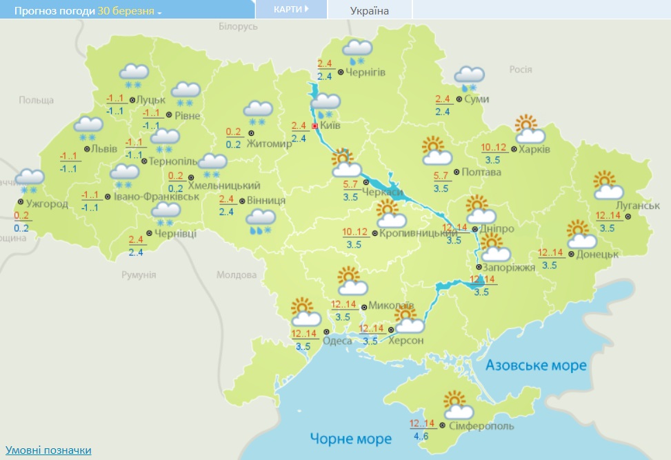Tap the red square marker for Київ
pyautogui.click(x=315, y=126)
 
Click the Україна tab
pyautogui.click(x=370, y=10)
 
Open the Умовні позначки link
pyautogui.click(x=48, y=450)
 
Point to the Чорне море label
pyautogui.click(x=350, y=439)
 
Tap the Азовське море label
pyautogui.click(x=536, y=365)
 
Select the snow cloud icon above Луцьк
pyautogui.click(x=134, y=74)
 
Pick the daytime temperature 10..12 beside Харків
pyautogui.click(x=494, y=147)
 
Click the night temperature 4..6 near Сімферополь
pyautogui.click(x=421, y=437)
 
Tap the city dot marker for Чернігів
pyautogui.click(x=341, y=72)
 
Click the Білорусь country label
pyautogui.click(x=237, y=26)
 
